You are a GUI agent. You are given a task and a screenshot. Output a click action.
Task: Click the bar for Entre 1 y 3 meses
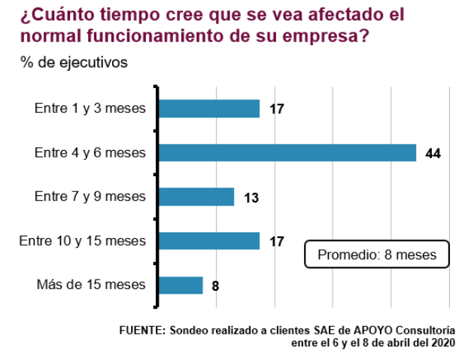(x=208, y=108)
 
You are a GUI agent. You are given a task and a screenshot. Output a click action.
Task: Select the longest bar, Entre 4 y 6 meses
(x=287, y=153)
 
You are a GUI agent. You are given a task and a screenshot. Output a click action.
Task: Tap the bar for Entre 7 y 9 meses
(x=196, y=197)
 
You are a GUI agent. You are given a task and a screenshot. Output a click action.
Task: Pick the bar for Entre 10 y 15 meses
(x=208, y=241)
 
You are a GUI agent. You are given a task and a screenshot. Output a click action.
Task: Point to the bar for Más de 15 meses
(x=180, y=285)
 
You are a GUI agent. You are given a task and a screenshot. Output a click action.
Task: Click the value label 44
(x=432, y=154)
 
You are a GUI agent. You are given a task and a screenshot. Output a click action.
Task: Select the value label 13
(x=251, y=198)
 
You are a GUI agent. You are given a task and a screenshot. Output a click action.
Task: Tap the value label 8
(x=215, y=286)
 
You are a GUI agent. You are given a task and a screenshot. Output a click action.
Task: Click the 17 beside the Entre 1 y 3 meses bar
(x=276, y=109)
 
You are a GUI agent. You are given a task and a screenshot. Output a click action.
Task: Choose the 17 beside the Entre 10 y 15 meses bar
(x=276, y=242)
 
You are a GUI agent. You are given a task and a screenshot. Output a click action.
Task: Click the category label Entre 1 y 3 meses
(x=90, y=108)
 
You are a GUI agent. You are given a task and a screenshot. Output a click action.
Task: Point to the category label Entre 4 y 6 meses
(x=90, y=153)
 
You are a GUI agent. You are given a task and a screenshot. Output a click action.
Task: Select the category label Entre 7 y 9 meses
(x=90, y=197)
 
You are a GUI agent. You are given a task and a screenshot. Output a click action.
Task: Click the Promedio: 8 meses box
(x=376, y=255)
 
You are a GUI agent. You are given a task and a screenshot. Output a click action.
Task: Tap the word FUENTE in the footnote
(x=141, y=331)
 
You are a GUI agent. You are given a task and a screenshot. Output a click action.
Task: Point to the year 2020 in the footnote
(x=441, y=343)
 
